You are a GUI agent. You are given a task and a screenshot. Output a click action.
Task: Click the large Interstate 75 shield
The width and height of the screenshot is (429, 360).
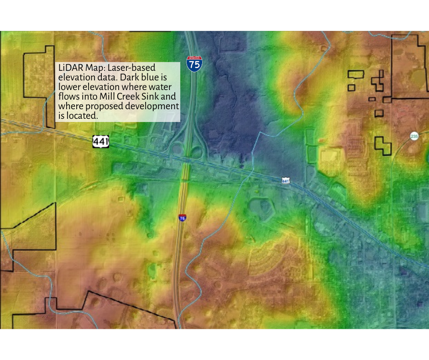click(194, 64)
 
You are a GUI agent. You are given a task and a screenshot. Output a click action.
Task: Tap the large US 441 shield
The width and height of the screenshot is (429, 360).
click(101, 142)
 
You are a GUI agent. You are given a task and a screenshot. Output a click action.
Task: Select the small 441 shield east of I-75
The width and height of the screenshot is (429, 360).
click(286, 180)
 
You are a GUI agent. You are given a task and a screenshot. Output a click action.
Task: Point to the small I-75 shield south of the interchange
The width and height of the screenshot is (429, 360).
click(182, 218)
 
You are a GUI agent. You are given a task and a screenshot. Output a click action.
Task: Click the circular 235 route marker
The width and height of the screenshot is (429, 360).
click(414, 136)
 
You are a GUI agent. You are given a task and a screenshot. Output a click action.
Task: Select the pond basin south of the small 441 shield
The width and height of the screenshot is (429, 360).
click(261, 206)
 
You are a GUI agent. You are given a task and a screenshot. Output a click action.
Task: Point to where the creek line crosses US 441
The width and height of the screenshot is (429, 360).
click(251, 171)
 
